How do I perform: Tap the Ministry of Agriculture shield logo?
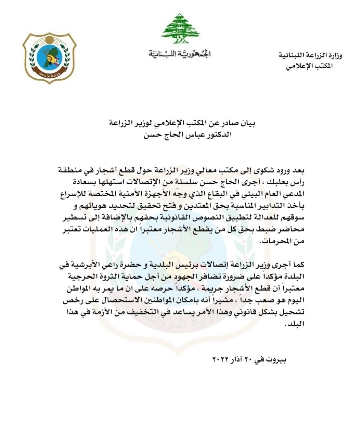pos(50,58)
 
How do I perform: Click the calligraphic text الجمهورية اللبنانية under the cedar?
pos(180,54)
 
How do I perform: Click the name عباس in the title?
pos(178,134)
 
